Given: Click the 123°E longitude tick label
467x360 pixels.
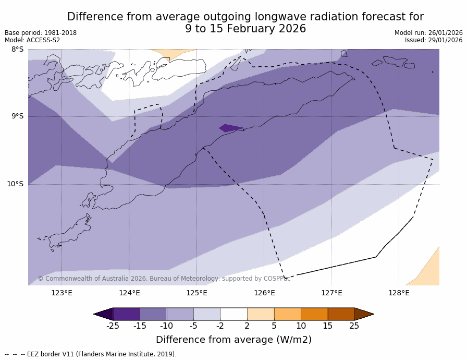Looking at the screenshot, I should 62,293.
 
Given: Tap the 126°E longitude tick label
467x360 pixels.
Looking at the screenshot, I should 264,293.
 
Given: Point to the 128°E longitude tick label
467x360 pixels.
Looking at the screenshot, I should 399,293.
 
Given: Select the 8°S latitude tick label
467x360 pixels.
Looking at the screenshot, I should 17,50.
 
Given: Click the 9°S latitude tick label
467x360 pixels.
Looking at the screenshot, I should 17,116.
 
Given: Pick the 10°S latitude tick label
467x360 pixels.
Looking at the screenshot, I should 15,184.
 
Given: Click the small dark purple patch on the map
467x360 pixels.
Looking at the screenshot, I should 230,128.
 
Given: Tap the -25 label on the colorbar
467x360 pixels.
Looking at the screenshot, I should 113,326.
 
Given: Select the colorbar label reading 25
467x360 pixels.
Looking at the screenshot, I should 354,326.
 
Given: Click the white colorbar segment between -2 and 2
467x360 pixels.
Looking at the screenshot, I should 233,314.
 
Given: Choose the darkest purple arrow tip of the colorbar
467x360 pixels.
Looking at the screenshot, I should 104,314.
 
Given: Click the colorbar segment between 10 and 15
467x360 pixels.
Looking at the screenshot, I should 314,314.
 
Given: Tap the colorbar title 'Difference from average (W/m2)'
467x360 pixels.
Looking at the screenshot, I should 233,340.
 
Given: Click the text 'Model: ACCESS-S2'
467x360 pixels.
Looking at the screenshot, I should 32,40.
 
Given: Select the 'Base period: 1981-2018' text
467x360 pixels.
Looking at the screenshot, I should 41,33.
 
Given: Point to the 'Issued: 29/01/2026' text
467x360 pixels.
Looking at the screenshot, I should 434,40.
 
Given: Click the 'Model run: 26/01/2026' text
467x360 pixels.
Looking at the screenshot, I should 428,33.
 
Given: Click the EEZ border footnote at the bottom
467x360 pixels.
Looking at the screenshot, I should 91,354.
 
